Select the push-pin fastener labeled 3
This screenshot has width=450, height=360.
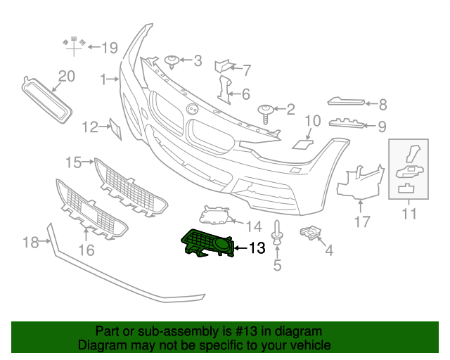tap(172, 61)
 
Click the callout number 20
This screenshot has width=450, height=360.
tap(65, 76)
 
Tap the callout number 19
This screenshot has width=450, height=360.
tap(109, 48)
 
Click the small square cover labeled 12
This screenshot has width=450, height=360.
tap(115, 128)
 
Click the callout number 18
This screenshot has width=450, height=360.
tap(30, 243)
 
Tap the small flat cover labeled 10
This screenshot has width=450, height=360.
tap(304, 143)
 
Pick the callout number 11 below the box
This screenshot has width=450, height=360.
tap(409, 213)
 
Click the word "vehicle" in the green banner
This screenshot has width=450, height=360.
tap(310, 345)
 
